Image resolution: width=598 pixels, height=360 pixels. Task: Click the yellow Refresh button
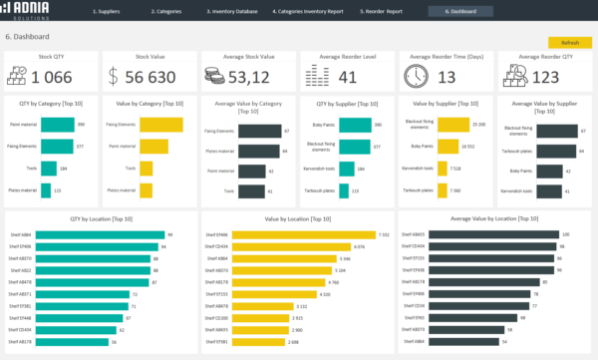click(x=569, y=43)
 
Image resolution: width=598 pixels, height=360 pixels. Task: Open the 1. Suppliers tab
click(x=106, y=11)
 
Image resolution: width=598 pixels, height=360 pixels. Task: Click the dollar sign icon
click(x=113, y=77)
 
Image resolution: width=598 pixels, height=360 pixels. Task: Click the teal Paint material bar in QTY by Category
click(x=58, y=125)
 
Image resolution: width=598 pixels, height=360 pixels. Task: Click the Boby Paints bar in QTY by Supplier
click(x=351, y=125)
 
